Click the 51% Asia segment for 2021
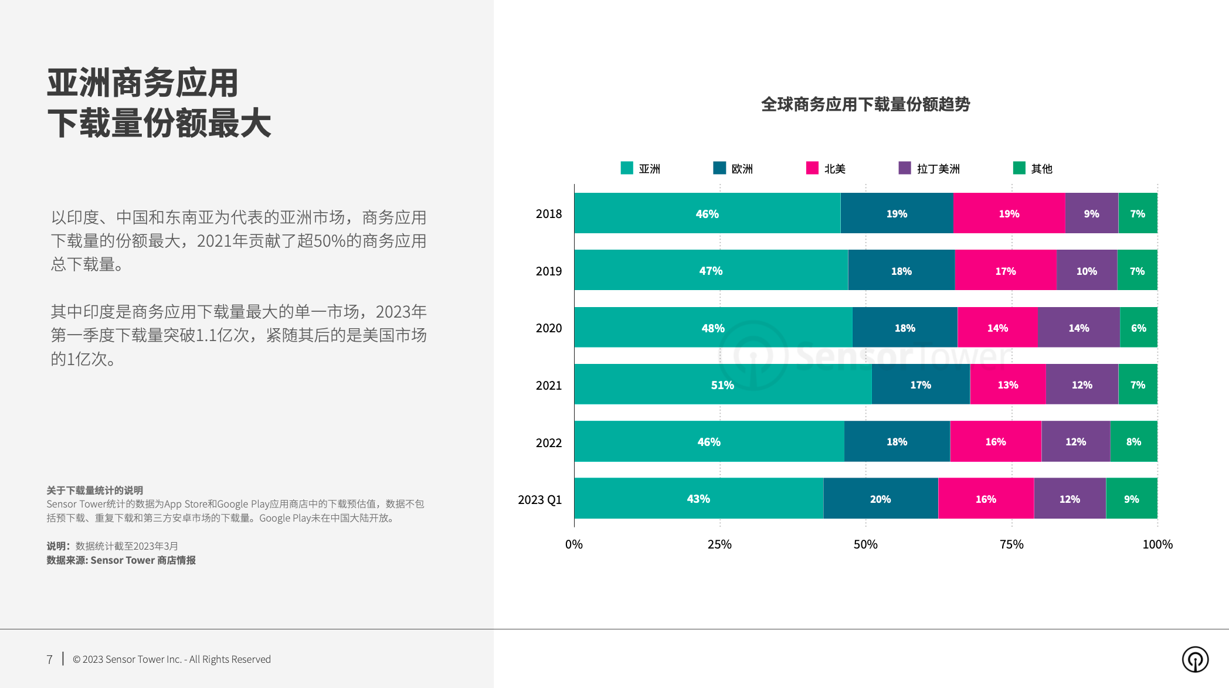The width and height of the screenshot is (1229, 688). pos(722,384)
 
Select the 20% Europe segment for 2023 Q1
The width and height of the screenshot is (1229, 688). pos(880,499)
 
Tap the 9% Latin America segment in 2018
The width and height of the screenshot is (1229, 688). pos(1091,213)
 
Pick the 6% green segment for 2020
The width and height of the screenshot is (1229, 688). pos(1138,328)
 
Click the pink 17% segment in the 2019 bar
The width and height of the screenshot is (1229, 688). pos(1005,271)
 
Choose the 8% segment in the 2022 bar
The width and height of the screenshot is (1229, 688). pos(1133,441)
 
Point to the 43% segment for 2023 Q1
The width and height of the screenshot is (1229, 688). pos(698,499)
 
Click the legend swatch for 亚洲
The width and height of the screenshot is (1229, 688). pos(627,168)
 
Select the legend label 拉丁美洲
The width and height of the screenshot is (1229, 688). pos(938,169)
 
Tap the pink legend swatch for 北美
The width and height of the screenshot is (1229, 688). pos(812,168)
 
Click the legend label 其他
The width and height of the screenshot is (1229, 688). pos(1041,169)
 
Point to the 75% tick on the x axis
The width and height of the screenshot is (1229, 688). pos(1011,544)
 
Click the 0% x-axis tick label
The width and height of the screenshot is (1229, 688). pos(574,544)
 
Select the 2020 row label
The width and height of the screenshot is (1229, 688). pos(549,328)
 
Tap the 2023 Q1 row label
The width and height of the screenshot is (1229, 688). pos(539,500)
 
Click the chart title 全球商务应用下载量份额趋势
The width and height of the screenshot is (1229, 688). pos(865,104)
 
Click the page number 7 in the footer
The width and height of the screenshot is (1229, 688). pos(50,659)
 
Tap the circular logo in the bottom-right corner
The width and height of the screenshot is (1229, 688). pos(1195,659)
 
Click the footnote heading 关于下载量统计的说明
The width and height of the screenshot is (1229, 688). pos(95,490)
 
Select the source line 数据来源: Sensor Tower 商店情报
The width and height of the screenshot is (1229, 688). pos(121,560)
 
